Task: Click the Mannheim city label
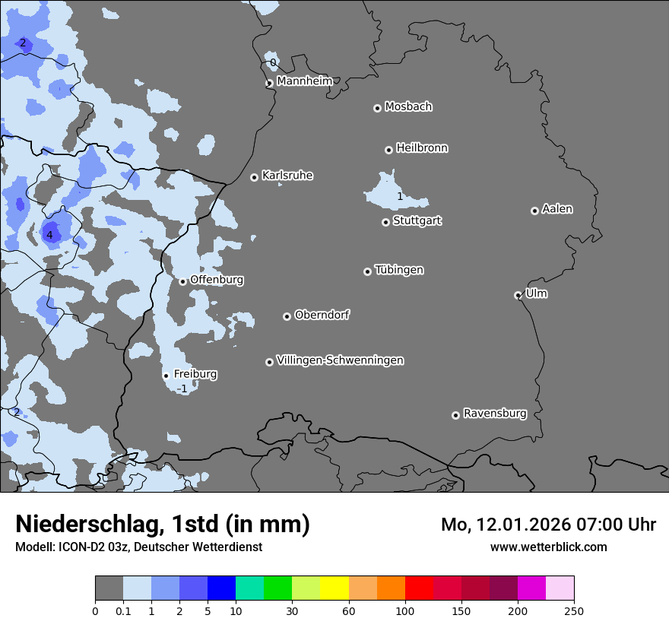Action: click(304, 81)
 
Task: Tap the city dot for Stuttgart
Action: click(386, 222)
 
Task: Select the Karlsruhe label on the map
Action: click(287, 176)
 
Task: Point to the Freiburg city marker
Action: click(166, 376)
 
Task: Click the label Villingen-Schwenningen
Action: click(340, 360)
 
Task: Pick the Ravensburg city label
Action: click(494, 414)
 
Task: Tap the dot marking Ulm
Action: click(518, 295)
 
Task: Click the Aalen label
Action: click(557, 209)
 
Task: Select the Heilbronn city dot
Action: click(389, 150)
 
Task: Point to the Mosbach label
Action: click(408, 107)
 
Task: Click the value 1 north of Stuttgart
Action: click(400, 197)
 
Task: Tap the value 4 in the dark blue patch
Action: click(49, 236)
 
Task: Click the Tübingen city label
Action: click(399, 270)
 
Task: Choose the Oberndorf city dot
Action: click(287, 316)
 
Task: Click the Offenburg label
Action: click(217, 280)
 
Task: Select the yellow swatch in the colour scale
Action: click(334, 588)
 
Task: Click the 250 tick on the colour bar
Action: click(573, 610)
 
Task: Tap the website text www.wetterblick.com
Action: click(548, 547)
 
